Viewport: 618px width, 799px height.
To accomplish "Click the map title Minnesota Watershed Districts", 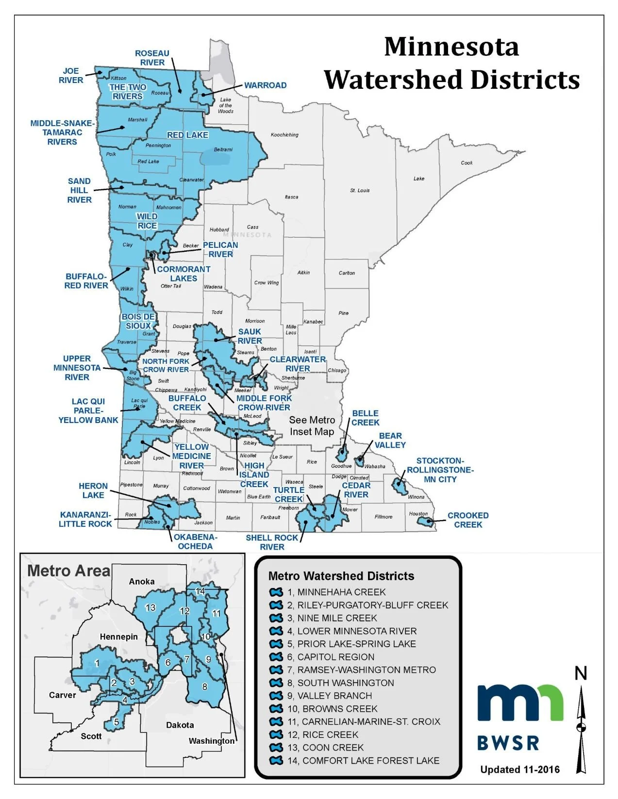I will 451,64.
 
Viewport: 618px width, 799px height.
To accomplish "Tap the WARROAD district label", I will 265,85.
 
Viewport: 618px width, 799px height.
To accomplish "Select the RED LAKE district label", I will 187,135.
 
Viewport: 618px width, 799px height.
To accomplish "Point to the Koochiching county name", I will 284,135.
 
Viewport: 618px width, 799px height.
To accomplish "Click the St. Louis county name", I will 360,191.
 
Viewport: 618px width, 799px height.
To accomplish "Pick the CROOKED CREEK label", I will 468,520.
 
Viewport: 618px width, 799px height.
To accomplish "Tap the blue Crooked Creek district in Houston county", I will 426,522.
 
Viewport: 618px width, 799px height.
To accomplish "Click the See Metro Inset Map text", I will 312,426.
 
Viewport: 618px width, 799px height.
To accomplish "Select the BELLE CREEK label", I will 365,418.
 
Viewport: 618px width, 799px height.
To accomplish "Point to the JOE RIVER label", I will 71,76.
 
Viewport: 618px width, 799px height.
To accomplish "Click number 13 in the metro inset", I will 150,607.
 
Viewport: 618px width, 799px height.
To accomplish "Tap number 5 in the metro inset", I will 117,722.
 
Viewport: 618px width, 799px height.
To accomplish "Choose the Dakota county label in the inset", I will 180,725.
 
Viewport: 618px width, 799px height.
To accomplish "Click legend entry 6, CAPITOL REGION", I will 335,657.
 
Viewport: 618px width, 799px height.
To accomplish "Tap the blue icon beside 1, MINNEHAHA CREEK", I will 276,592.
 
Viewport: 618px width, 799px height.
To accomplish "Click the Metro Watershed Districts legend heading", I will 341,576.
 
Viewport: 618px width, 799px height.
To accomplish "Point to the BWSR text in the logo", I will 508,743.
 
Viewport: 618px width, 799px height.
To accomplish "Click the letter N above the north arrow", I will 581,673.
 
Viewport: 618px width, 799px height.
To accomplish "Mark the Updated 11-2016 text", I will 519,769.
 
